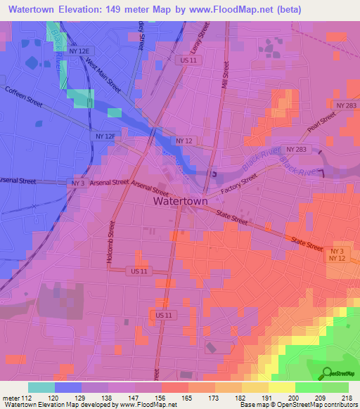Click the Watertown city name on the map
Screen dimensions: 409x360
(x=180, y=201)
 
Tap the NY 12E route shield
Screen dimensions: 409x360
(x=81, y=51)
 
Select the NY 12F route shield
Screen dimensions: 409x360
(x=103, y=136)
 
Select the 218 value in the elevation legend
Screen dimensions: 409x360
(x=342, y=397)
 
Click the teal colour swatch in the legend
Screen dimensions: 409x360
(x=41, y=387)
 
